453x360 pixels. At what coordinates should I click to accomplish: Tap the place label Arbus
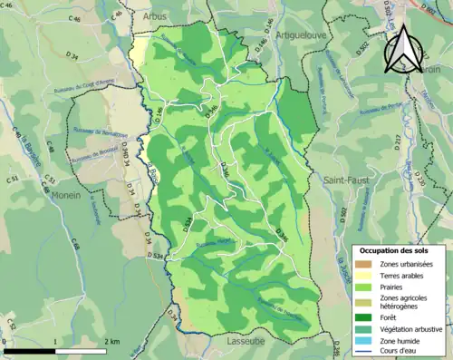tap(155, 16)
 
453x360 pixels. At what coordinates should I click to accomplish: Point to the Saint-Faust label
tap(345, 180)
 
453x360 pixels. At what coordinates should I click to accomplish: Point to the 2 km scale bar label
tap(111, 342)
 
